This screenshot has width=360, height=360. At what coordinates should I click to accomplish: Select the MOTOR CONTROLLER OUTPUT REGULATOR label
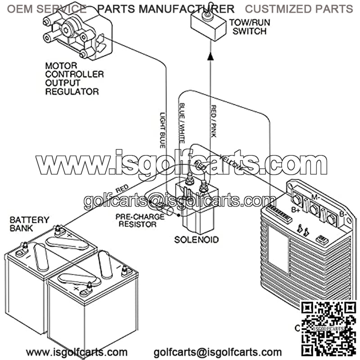(74, 78)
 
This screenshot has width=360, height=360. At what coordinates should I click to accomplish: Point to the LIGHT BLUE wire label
(162, 130)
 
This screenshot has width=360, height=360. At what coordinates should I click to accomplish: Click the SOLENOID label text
(196, 239)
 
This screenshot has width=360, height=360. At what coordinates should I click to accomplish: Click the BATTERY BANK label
(29, 224)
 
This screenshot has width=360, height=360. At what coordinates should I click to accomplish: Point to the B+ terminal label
(296, 210)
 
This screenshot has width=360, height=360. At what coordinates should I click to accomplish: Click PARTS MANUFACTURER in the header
(166, 9)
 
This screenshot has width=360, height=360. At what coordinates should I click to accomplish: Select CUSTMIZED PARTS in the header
(299, 9)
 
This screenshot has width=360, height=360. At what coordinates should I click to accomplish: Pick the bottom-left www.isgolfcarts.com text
(76, 352)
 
